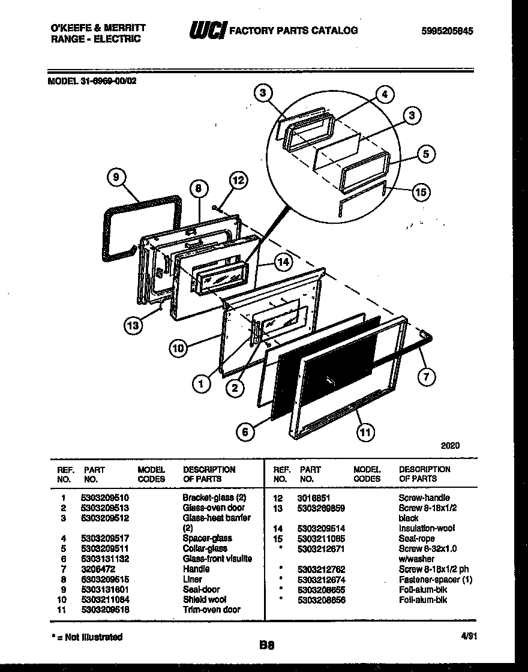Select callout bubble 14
pyautogui.click(x=283, y=262)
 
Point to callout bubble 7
pyautogui.click(x=427, y=376)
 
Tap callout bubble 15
pyautogui.click(x=422, y=192)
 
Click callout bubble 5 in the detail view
pyautogui.click(x=425, y=154)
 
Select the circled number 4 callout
pyautogui.click(x=385, y=94)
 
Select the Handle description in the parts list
pyautogui.click(x=196, y=568)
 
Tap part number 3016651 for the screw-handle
pyautogui.click(x=314, y=497)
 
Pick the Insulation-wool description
pyautogui.click(x=427, y=528)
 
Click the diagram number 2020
pyautogui.click(x=450, y=446)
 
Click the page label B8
pyautogui.click(x=266, y=646)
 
